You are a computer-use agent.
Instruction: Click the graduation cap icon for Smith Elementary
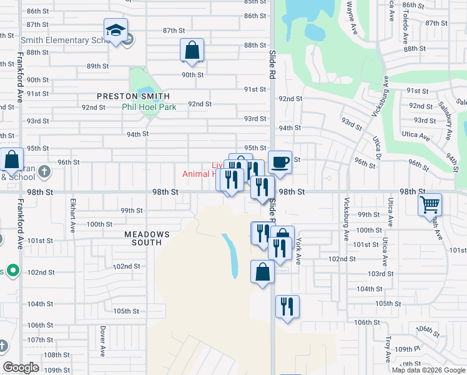(x=116, y=31)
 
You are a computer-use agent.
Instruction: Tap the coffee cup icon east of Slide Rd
(x=280, y=162)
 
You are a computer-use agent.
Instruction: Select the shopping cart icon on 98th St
(x=430, y=204)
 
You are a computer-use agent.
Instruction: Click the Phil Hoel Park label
(x=149, y=107)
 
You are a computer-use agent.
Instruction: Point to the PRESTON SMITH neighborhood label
(x=133, y=96)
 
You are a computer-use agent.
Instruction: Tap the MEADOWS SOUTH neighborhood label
(x=146, y=238)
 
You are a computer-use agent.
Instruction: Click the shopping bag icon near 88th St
(x=192, y=51)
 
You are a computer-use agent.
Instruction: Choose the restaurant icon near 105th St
(x=287, y=307)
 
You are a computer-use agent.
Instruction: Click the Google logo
(x=21, y=367)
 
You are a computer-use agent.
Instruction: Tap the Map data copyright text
(x=428, y=370)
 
